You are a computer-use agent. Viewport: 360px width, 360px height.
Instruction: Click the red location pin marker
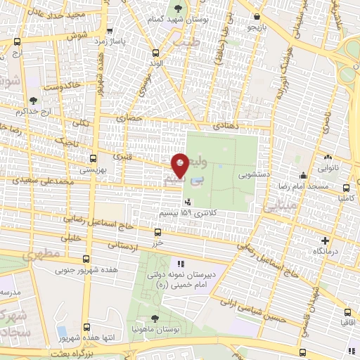click(x=181, y=165)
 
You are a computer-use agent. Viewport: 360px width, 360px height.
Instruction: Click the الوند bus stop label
click(x=155, y=63)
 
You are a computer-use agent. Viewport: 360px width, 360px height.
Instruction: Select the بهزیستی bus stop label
click(x=92, y=169)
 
